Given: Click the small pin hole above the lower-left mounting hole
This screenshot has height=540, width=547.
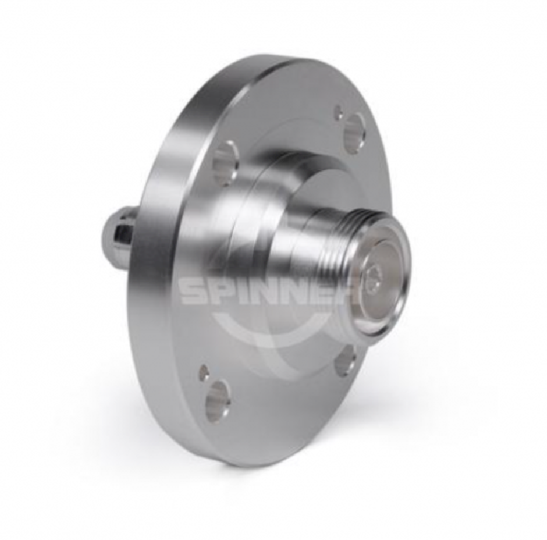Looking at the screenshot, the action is (202, 372).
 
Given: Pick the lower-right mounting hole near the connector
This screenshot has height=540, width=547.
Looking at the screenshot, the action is (344, 357).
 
